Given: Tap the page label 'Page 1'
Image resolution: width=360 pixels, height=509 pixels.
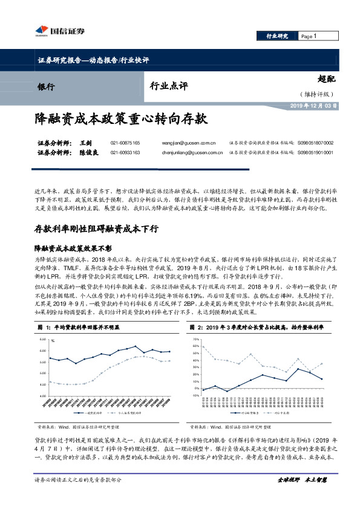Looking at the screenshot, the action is [x=309, y=36].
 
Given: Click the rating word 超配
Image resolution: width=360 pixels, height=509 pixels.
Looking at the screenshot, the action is [x=326, y=79].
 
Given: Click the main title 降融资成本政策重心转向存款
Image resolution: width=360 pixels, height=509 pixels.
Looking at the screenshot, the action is [x=121, y=120].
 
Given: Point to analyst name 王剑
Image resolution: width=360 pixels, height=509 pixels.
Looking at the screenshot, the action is [x=85, y=143].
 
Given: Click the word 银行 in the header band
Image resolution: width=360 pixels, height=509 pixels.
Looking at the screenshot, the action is [x=46, y=86].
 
